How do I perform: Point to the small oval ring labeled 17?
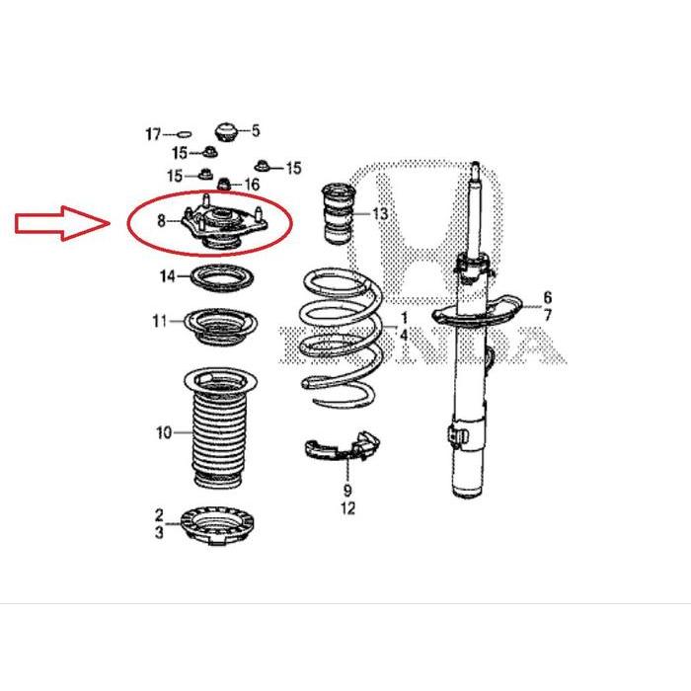pos(182,131)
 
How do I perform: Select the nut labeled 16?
pos(225,184)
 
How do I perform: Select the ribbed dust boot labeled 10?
pos(217,429)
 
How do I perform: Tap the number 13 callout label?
pos(380,214)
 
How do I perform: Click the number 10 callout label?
pos(163,432)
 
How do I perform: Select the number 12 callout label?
pos(347,509)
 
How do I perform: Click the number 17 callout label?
pos(153,132)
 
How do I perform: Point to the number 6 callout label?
pos(547,297)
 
